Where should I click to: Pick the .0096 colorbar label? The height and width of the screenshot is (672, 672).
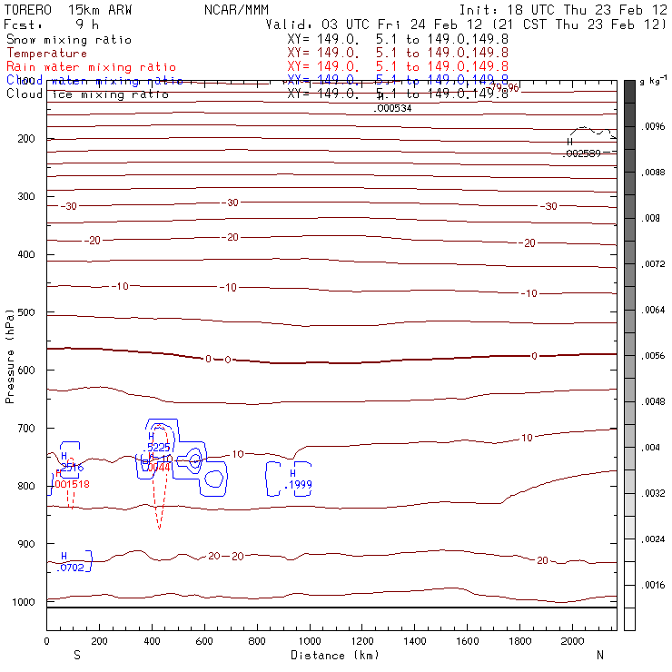click(654, 127)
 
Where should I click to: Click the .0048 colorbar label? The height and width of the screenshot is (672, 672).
click(654, 401)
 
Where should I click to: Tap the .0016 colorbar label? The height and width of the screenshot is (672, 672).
click(654, 585)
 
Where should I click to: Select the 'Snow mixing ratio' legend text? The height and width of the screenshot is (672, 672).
click(69, 40)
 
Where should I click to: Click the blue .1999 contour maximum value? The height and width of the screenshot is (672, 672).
click(298, 485)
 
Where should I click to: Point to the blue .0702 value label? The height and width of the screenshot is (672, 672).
click(70, 568)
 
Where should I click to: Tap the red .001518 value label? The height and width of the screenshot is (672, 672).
click(72, 484)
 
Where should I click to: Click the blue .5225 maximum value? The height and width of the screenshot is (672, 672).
click(158, 447)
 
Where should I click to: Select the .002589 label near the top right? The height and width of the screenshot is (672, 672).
click(582, 153)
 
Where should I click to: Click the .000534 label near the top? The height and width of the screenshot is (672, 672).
click(393, 108)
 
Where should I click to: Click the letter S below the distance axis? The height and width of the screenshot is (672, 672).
click(76, 655)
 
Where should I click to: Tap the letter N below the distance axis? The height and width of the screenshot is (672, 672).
click(600, 655)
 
